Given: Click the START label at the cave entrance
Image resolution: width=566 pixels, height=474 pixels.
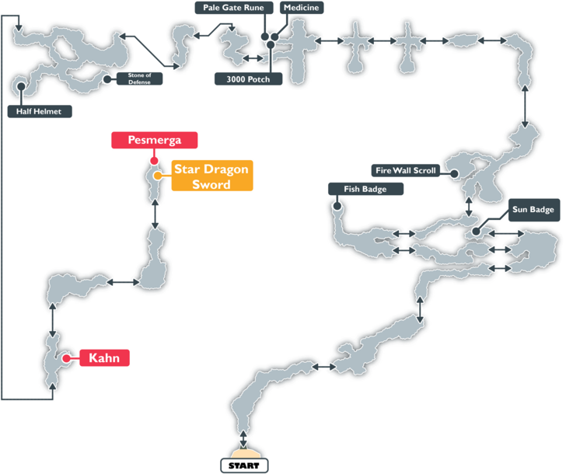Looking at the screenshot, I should pos(244,465).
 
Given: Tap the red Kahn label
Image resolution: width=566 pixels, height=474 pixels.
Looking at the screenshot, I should pos(103,358).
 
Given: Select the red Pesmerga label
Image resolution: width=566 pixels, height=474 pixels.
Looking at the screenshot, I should pos(155,140).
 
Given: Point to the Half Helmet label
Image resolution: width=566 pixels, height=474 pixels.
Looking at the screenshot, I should pos(39,111).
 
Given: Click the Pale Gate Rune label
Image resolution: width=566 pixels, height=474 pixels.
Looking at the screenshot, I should pos(232,8).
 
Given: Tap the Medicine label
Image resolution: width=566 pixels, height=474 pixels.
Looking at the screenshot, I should pos(301,8).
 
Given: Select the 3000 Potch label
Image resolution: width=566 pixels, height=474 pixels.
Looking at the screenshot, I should pos(249,78).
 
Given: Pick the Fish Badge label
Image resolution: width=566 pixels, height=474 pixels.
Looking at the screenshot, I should pos(365,189).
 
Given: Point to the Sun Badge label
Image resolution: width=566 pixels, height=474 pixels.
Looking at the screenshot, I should pos(533,209).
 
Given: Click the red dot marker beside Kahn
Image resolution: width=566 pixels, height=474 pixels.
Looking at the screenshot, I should pos(67,358).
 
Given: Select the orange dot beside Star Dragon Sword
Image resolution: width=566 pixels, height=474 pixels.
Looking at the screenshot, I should pos(158,176).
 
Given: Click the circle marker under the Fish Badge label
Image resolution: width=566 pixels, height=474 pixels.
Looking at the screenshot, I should pos(337,207).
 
